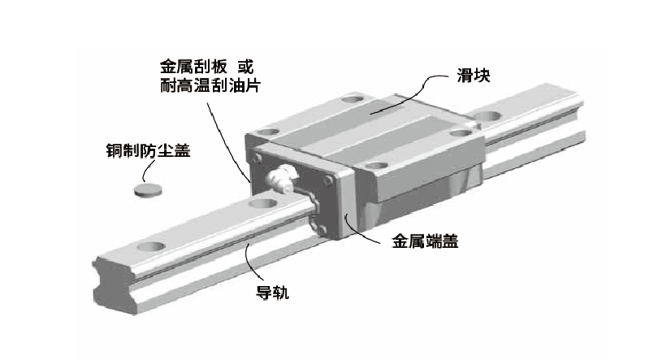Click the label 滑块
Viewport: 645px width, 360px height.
coord(473,76)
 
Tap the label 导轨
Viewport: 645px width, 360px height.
coord(272,293)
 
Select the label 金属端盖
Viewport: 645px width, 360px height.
coord(425,241)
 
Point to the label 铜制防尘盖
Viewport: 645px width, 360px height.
coord(149,150)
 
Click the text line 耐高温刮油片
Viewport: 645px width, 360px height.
coord(210,85)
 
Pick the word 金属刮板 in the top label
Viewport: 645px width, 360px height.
coord(193,67)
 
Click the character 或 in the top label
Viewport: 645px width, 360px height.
coord(245,67)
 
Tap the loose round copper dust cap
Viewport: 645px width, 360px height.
coord(147,189)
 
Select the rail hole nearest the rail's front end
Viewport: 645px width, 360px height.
coord(151,246)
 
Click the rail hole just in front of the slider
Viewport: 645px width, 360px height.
coord(262,203)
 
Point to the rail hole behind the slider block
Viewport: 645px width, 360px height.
coord(489,116)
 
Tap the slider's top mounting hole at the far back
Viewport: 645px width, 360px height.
coord(353,99)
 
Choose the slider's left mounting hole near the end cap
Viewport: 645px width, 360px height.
coord(268,132)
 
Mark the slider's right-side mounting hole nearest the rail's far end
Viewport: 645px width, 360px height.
coord(461,133)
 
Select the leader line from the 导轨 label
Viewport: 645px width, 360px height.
coord(250,262)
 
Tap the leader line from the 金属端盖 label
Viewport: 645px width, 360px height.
coord(363,233)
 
